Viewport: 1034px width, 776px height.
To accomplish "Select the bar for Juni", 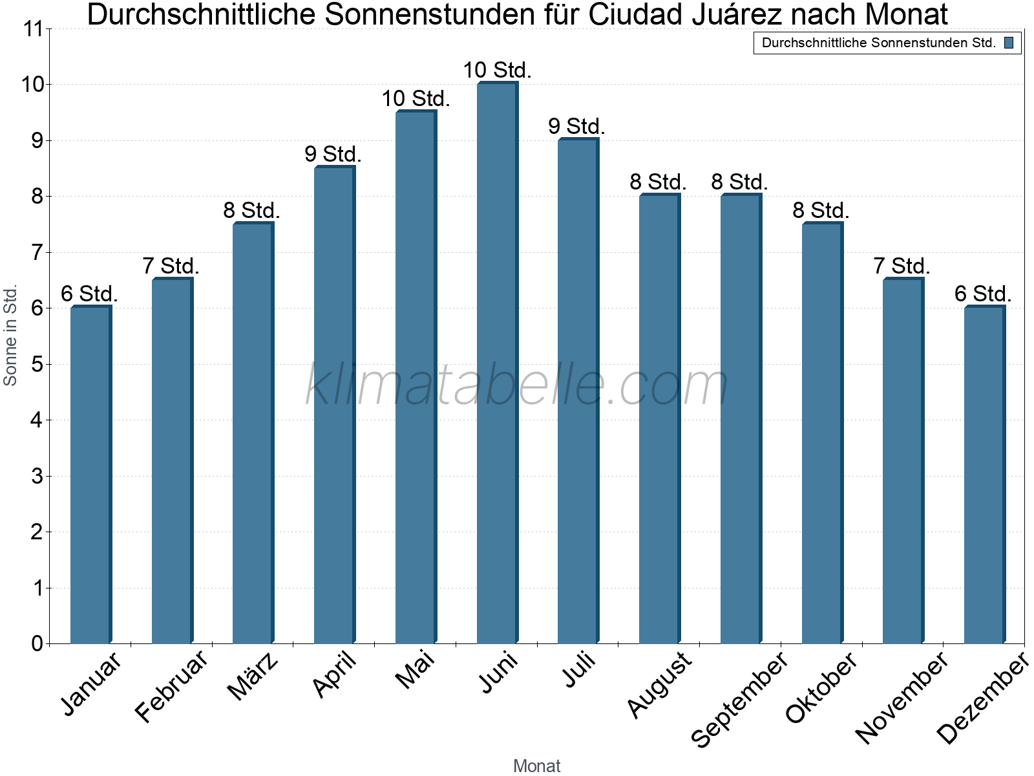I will (497, 362).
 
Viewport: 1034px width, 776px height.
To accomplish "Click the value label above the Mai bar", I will (416, 99).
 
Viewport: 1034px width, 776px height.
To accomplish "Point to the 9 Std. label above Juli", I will (576, 127).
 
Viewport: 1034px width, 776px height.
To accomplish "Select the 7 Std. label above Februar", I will (171, 266).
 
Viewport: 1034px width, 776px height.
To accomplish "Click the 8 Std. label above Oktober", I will (821, 210).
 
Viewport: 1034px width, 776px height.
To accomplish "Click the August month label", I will (659, 684).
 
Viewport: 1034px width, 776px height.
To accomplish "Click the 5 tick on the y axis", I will (37, 365).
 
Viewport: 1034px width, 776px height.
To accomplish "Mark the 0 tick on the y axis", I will (37, 644).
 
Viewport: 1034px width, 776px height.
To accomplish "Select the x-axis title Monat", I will (536, 766).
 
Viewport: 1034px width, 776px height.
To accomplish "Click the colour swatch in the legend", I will (1009, 43).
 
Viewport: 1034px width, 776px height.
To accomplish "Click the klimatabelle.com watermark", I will (517, 385).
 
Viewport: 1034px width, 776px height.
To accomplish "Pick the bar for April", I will (334, 405).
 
